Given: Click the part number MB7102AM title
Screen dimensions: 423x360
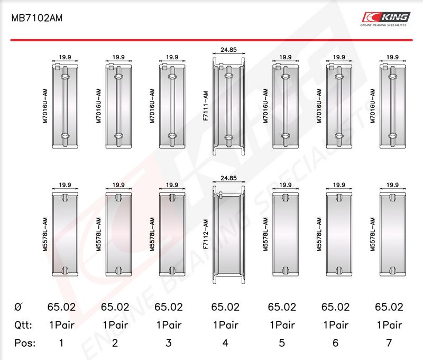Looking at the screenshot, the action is (36, 18).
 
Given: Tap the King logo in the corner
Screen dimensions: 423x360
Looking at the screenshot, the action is (386, 19).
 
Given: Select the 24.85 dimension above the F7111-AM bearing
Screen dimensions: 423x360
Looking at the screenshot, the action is (228, 50).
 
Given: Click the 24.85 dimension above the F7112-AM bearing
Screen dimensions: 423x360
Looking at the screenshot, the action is (228, 178).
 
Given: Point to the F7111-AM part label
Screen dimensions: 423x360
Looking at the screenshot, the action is (206, 106).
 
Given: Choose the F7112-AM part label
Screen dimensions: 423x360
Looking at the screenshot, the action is (206, 234).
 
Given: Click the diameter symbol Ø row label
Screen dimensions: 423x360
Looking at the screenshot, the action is (18, 307).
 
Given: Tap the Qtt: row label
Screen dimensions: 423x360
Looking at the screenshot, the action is (23, 325).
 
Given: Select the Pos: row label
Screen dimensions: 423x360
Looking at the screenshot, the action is (25, 343).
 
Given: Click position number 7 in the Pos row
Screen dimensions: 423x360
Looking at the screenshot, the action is (389, 343).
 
